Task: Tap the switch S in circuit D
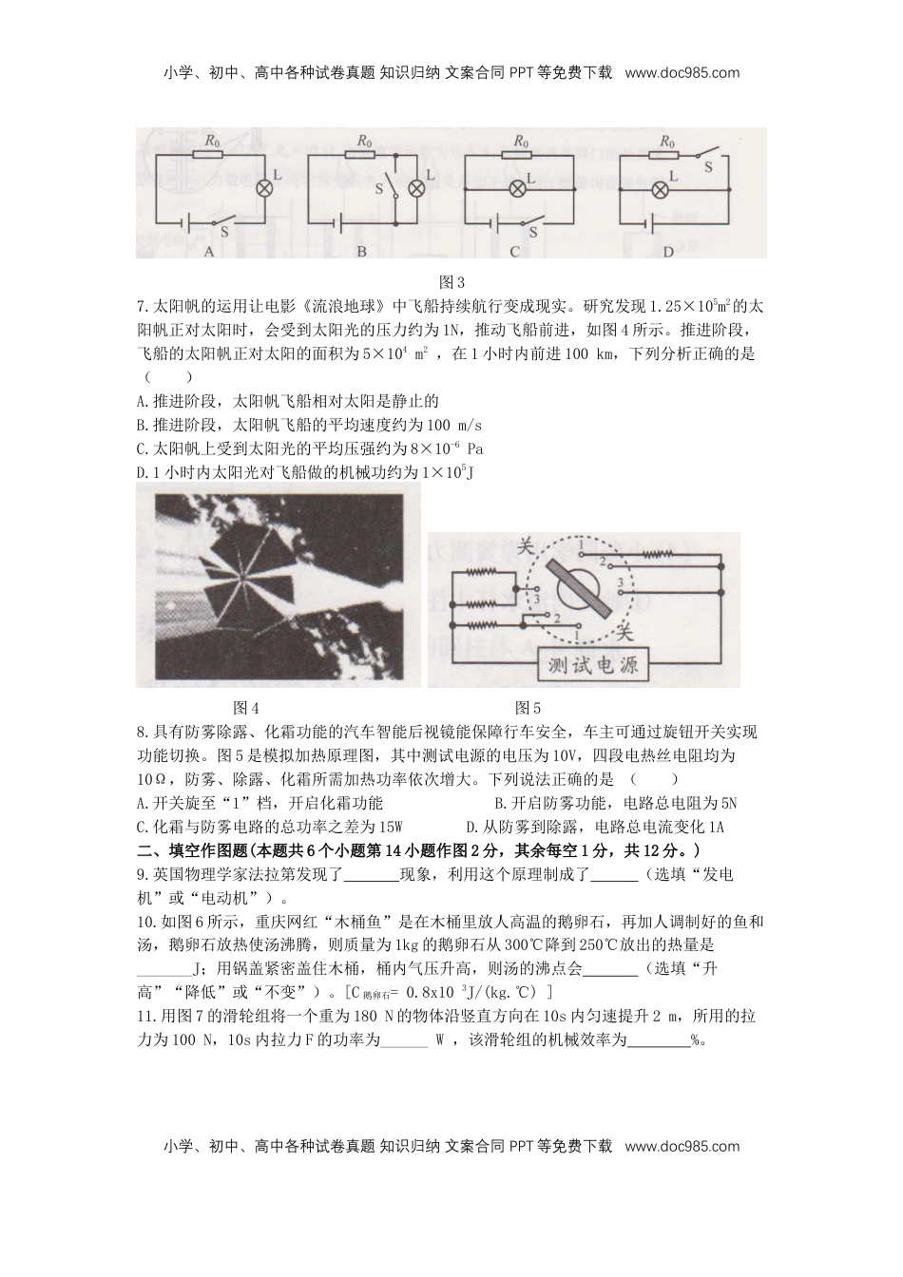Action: pos(704,154)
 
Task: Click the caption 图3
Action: pos(451,282)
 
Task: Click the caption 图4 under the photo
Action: pos(246,708)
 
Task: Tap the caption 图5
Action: pos(528,708)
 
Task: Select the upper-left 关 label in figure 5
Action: pos(525,546)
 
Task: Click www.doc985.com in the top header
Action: pos(682,72)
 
